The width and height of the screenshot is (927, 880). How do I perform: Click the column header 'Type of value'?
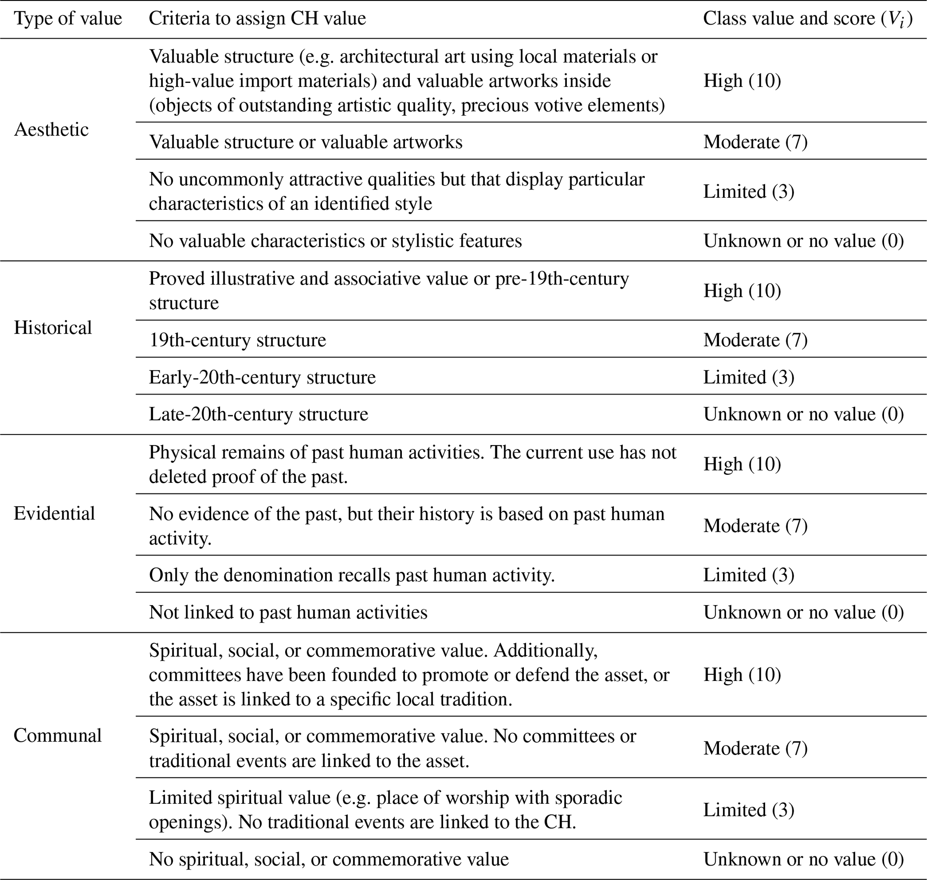(x=68, y=19)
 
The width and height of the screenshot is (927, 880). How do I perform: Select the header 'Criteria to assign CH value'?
(x=257, y=19)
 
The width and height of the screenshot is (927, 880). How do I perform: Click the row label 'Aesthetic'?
(x=51, y=130)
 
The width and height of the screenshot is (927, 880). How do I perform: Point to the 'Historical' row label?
(x=52, y=327)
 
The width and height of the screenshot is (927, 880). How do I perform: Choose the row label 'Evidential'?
(x=54, y=513)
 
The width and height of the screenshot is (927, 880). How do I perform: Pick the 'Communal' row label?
(x=57, y=735)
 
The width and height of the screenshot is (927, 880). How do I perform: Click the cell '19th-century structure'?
(x=238, y=340)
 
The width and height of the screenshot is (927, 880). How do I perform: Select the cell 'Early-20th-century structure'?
(x=262, y=377)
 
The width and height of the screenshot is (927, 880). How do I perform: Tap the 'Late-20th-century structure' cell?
(x=259, y=414)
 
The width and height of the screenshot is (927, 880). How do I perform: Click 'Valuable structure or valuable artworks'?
(x=305, y=142)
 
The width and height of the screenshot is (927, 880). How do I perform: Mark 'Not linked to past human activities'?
(x=288, y=612)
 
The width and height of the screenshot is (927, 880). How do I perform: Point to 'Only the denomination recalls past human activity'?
(x=352, y=575)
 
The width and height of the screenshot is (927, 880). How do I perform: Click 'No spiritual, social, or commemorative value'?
(x=329, y=859)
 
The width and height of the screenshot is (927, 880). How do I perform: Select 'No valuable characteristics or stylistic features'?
(x=335, y=241)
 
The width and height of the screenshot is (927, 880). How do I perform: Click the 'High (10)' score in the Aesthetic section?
(x=742, y=81)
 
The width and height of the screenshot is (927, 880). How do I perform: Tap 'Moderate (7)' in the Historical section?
(x=755, y=340)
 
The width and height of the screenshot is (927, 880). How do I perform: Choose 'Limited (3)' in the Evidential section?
(x=749, y=575)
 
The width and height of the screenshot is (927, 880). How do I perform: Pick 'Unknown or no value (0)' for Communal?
(x=804, y=859)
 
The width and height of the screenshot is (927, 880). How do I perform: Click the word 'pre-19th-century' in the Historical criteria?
(x=562, y=279)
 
